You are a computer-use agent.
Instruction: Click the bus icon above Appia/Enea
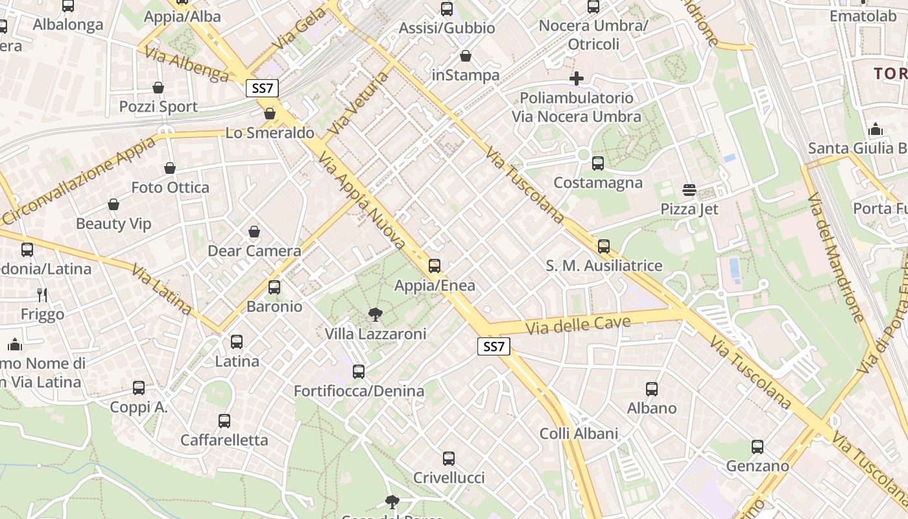435,266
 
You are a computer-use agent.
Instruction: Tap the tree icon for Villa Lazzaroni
375,315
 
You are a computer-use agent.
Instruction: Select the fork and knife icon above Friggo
42,295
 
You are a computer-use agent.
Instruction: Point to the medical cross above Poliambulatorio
577,78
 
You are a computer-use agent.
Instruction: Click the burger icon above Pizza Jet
689,190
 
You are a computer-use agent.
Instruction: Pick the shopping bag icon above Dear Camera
254,232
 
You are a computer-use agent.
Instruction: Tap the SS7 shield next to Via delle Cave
494,346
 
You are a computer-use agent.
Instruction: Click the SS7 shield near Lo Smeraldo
262,88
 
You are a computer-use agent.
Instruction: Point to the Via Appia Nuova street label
361,202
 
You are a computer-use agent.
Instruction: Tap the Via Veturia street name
357,104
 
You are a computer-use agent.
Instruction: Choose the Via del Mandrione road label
836,256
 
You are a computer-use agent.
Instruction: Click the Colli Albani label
579,433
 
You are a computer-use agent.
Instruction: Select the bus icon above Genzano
758,447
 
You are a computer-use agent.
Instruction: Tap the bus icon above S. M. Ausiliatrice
604,247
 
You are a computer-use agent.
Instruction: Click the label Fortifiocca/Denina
359,391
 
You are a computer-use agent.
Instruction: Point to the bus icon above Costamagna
598,163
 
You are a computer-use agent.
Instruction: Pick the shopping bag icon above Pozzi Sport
158,88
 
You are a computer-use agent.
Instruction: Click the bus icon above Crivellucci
449,459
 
